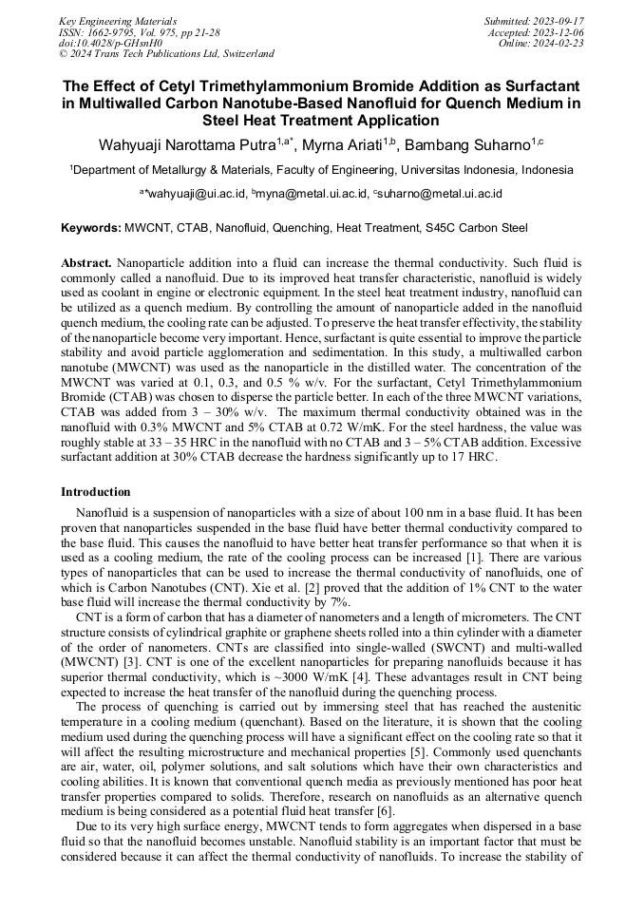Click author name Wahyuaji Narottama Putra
[187, 145]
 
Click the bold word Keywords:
[91, 228]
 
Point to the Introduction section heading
[96, 492]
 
